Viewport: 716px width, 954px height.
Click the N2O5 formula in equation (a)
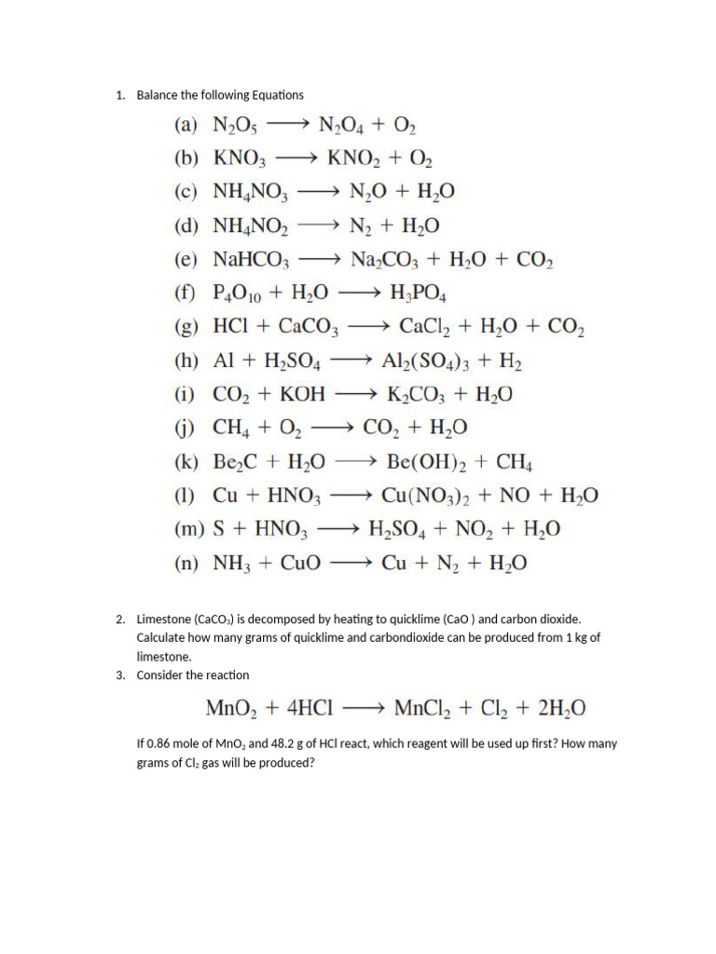point(241,126)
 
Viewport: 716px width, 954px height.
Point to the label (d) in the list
point(186,225)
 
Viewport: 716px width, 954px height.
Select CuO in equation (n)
point(296,563)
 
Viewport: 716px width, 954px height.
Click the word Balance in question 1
point(156,95)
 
